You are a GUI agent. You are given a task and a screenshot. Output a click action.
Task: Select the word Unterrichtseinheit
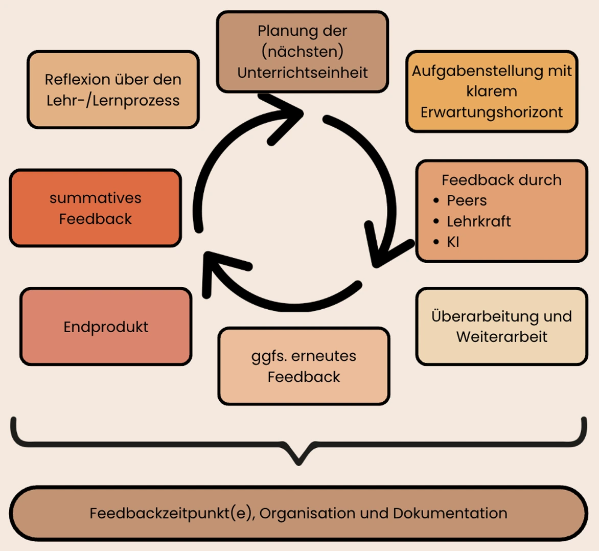303,73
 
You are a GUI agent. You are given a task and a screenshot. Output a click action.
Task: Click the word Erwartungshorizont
492,112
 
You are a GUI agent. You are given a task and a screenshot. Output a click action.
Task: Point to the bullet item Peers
467,201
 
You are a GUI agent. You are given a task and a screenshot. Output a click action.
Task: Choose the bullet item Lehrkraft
478,221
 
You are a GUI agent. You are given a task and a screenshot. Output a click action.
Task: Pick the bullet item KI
453,242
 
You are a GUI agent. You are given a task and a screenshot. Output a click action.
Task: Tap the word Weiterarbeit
502,337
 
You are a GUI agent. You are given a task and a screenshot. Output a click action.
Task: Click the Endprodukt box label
106,327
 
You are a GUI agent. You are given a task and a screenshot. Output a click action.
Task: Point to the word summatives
96,198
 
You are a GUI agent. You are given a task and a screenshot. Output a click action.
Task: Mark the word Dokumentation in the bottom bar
450,513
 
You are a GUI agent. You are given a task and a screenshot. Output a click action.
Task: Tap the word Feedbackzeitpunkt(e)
172,513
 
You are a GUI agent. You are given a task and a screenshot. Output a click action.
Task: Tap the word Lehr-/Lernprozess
113,101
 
